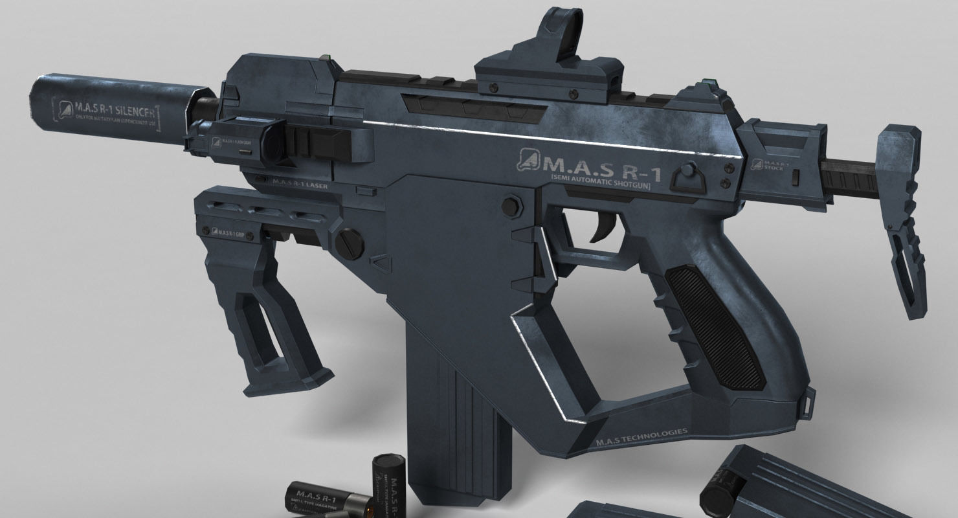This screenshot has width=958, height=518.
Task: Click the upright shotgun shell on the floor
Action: pos(386,486)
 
